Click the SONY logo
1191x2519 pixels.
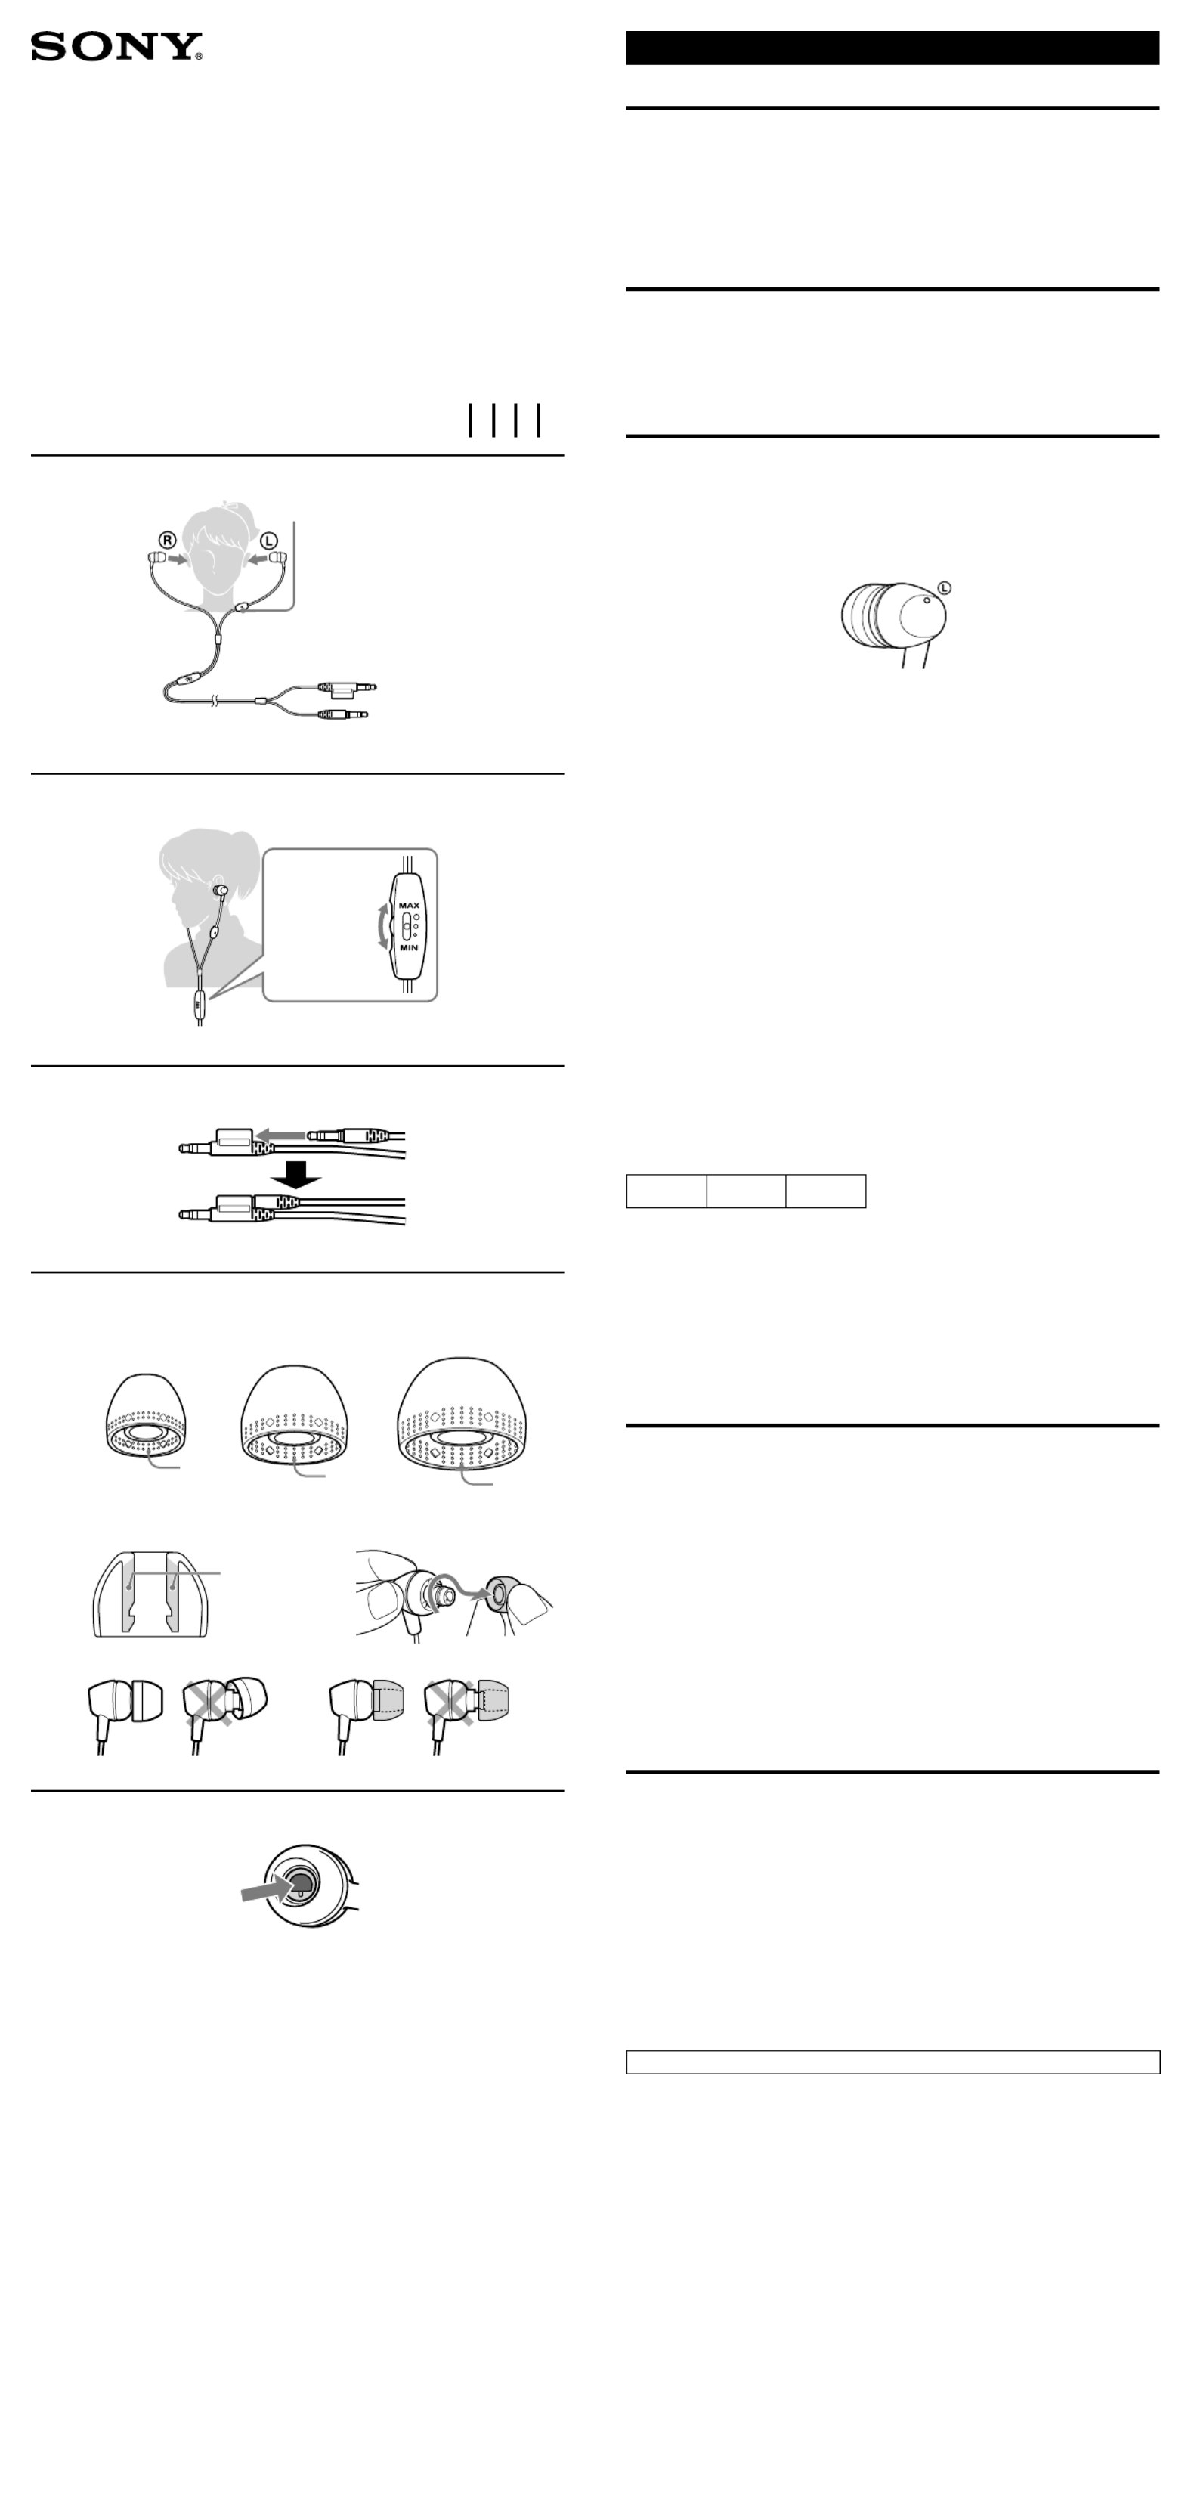[x=116, y=46]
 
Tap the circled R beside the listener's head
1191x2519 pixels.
[x=169, y=540]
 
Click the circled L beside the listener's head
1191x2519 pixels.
[x=268, y=540]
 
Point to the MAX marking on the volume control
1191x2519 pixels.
[x=409, y=906]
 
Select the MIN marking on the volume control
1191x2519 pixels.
[x=409, y=947]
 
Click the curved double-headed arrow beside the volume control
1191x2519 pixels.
[x=383, y=926]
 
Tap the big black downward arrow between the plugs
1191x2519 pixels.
[x=295, y=1174]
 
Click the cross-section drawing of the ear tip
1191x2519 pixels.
[x=150, y=1593]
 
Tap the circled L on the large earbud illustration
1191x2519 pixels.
[x=944, y=587]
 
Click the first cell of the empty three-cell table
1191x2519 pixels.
[x=666, y=1191]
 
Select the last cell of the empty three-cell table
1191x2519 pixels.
[x=825, y=1191]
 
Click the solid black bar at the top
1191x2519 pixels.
[x=892, y=48]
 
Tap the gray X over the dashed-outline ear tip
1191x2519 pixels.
[x=449, y=1703]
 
